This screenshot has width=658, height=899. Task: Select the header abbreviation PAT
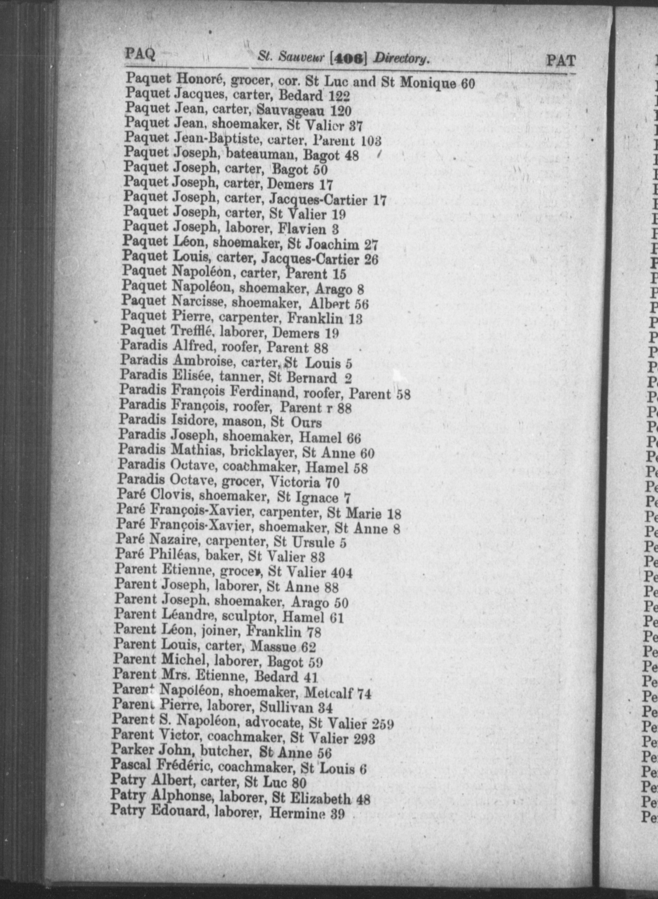click(561, 61)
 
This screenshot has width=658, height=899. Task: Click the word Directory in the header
click(402, 59)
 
